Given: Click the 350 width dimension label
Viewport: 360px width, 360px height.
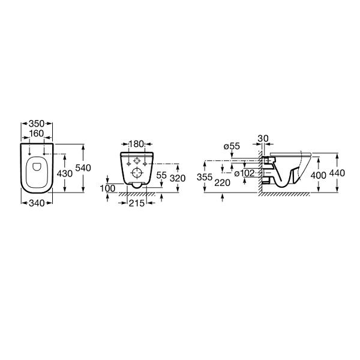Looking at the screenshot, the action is click(x=37, y=124).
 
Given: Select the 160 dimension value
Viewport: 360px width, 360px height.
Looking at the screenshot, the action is click(x=37, y=133).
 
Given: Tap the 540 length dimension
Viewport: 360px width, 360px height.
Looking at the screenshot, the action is click(x=83, y=168).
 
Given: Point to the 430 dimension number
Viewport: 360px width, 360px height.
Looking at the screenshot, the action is click(x=65, y=174).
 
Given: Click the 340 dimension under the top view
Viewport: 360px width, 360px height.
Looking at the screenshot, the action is click(x=37, y=203).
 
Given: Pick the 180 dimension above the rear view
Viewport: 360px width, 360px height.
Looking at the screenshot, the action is click(x=136, y=144).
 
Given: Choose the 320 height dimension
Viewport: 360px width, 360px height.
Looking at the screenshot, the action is click(x=178, y=178).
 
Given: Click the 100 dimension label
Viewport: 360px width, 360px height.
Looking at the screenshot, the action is click(x=107, y=188).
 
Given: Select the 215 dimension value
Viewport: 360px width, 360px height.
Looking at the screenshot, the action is click(x=137, y=203).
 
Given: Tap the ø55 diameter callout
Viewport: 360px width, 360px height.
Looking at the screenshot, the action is click(x=232, y=146).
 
